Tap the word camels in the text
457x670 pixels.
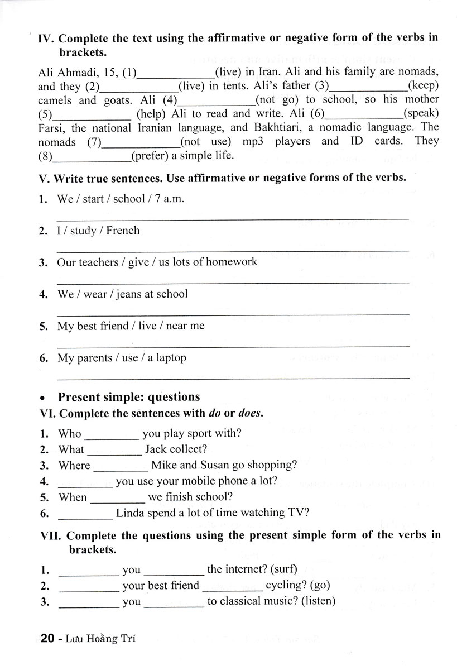point(55,100)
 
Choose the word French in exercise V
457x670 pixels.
point(123,231)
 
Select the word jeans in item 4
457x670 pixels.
point(128,294)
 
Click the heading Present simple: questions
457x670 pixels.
point(129,397)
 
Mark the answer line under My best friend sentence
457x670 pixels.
point(233,346)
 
